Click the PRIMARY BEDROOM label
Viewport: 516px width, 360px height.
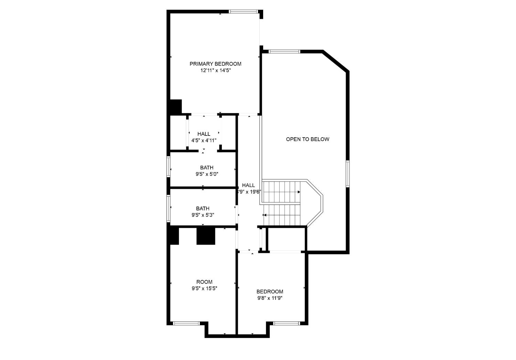(x=215, y=64)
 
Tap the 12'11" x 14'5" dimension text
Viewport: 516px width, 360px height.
(x=215, y=70)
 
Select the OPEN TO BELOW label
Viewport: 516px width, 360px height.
(x=308, y=139)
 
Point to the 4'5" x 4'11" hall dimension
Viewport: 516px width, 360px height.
(x=204, y=140)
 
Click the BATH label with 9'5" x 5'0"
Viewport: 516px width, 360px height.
(x=206, y=168)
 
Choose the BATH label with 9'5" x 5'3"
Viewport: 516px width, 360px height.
(x=203, y=208)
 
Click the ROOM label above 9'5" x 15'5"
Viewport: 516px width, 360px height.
(x=204, y=282)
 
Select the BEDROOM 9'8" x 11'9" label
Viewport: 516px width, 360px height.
(x=270, y=292)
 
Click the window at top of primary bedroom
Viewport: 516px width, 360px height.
(x=244, y=12)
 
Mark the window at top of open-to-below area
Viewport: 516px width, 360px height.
(x=284, y=52)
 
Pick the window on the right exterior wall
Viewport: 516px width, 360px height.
(x=347, y=174)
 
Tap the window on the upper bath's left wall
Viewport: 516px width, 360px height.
(x=169, y=167)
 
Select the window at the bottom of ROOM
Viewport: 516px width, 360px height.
(x=186, y=323)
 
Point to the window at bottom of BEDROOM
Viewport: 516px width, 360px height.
(x=286, y=323)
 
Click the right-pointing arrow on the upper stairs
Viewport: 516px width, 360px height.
(x=298, y=192)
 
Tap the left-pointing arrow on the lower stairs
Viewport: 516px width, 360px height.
(x=265, y=215)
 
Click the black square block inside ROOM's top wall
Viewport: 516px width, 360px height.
(x=205, y=236)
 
